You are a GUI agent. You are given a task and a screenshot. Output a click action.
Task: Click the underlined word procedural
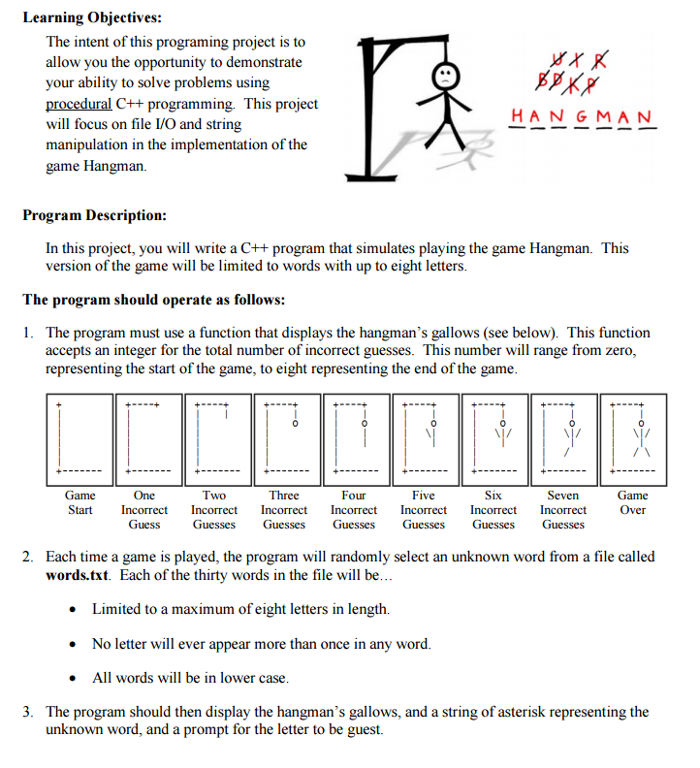pos(79,104)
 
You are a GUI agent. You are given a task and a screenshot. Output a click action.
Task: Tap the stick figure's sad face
pos(445,75)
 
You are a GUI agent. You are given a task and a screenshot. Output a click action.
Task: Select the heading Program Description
pos(95,215)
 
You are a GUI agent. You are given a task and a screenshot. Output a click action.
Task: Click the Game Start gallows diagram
pos(80,439)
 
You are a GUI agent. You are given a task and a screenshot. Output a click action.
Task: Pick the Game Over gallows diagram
pos(633,439)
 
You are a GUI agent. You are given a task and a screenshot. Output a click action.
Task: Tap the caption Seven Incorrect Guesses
pos(563,510)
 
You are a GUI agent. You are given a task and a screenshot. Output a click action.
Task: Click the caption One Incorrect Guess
pos(144,510)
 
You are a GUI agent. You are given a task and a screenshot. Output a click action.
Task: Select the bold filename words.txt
pos(79,575)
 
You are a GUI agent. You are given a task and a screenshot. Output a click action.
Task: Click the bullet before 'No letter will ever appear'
pos(75,644)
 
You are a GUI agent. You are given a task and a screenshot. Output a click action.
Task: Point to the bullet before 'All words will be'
pos(75,678)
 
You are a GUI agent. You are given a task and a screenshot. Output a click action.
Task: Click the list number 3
pos(28,712)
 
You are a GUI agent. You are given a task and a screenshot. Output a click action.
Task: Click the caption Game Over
pos(633,502)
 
